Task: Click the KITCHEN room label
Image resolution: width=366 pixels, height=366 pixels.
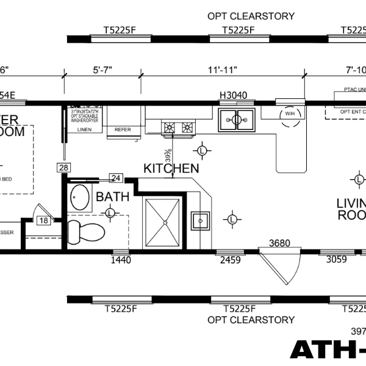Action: coord(171,168)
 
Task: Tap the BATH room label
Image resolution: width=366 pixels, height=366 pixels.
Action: coord(113,196)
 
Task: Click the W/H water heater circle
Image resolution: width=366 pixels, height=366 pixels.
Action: coord(289,114)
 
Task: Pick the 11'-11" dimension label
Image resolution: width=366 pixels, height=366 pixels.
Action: coord(222,70)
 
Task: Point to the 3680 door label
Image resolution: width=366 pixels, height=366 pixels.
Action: coord(279,243)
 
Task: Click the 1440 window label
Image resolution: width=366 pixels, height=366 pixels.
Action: coord(120,260)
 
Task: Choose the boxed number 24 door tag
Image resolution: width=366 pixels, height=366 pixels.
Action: coord(115,178)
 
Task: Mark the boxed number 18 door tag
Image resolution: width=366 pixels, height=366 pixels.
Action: coord(43,220)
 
